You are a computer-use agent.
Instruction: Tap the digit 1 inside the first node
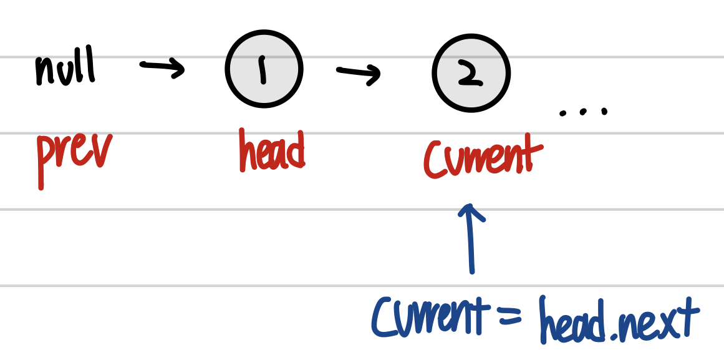(x=263, y=70)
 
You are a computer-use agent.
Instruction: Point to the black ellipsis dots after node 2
(x=583, y=112)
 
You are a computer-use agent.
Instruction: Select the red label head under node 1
(x=272, y=151)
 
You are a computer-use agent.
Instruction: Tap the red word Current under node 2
(x=479, y=158)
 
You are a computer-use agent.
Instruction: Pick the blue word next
(x=655, y=321)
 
